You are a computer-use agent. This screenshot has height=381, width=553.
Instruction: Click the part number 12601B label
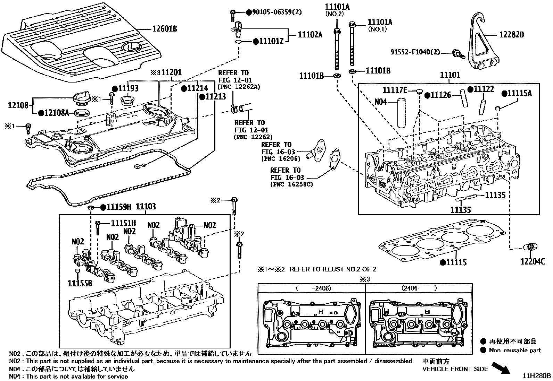point(164,29)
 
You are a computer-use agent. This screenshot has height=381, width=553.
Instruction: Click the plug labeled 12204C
point(530,248)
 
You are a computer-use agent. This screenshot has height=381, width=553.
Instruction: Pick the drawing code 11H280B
point(538,375)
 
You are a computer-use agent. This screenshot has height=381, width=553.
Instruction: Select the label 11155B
point(80,283)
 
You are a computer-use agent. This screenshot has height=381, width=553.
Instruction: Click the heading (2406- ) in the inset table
point(419,288)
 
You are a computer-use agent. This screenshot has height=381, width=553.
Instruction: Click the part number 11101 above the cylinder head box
point(450,75)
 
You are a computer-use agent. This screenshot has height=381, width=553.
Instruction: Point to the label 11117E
point(394,90)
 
